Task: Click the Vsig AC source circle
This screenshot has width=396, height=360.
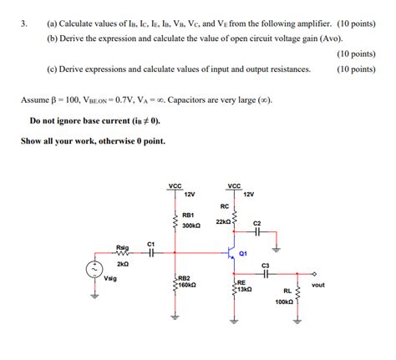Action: pyautogui.click(x=94, y=269)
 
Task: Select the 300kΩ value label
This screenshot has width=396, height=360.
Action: pyautogui.click(x=190, y=226)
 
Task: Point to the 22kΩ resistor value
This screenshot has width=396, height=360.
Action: pyautogui.click(x=223, y=221)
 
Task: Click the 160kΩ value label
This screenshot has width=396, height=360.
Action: pyautogui.click(x=186, y=285)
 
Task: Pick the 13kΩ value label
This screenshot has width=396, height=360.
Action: pyautogui.click(x=243, y=289)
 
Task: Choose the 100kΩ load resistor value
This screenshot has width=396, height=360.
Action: pyautogui.click(x=284, y=302)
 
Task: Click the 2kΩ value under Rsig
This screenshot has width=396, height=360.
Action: pyautogui.click(x=123, y=263)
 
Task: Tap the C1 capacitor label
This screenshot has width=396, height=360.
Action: pyautogui.click(x=150, y=244)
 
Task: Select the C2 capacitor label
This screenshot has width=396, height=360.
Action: pyautogui.click(x=257, y=223)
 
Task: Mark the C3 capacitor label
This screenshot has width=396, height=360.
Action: pyautogui.click(x=266, y=265)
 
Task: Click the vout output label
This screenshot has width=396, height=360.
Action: pyautogui.click(x=317, y=285)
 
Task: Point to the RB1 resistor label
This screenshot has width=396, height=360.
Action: pyautogui.click(x=187, y=215)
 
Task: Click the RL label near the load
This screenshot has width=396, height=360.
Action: pyautogui.click(x=287, y=292)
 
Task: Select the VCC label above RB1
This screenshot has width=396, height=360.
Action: pyautogui.click(x=175, y=185)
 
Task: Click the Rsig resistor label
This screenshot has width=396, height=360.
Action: pyautogui.click(x=123, y=247)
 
